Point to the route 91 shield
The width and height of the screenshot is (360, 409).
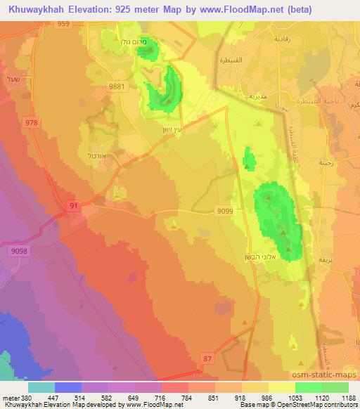(x=74, y=205)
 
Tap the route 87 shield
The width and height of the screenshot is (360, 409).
(x=226, y=358)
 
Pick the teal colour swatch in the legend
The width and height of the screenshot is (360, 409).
(x=41, y=387)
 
